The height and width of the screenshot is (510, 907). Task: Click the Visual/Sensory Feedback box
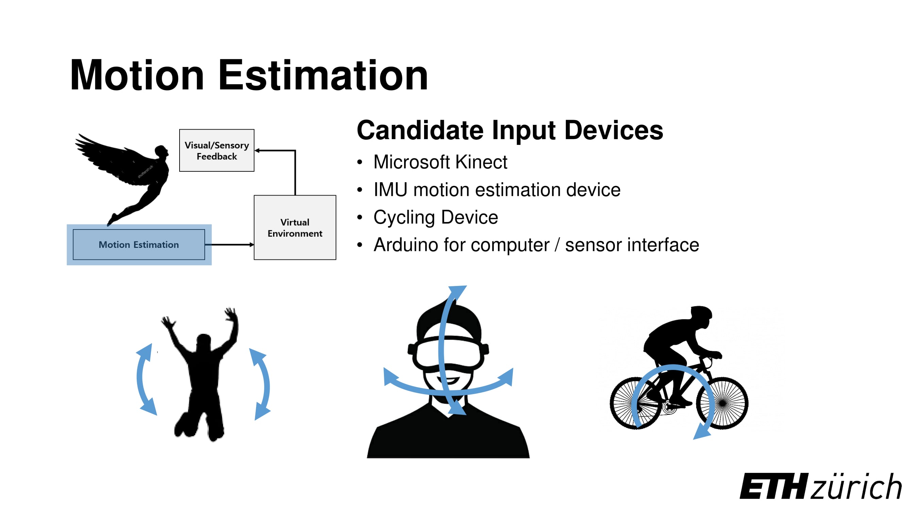(x=217, y=150)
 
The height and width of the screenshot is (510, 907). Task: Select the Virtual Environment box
(x=295, y=227)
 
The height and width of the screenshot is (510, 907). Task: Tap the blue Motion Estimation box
(x=139, y=244)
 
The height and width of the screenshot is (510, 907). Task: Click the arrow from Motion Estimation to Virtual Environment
(x=231, y=244)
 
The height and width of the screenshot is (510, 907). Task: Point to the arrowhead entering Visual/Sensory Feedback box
(x=257, y=151)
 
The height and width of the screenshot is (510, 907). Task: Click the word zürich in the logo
(x=856, y=487)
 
